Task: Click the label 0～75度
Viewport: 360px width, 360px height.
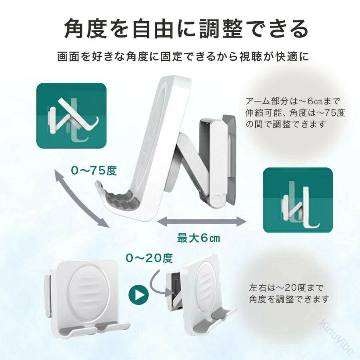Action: pyautogui.click(x=94, y=170)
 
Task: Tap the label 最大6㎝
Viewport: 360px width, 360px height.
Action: pyautogui.click(x=198, y=238)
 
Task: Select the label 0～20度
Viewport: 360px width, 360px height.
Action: pyautogui.click(x=149, y=258)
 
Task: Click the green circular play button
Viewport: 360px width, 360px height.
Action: pyautogui.click(x=138, y=294)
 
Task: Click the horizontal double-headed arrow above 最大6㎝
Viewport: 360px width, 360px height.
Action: pyautogui.click(x=201, y=222)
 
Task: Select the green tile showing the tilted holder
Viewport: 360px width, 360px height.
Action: pyautogui.click(x=72, y=116)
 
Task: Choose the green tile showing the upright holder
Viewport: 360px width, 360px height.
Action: pyautogui.click(x=298, y=200)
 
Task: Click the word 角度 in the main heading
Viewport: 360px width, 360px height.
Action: pyautogui.click(x=86, y=29)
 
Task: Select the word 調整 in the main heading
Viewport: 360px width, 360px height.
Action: pyautogui.click(x=221, y=29)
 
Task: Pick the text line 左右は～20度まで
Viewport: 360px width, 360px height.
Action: pyautogui.click(x=286, y=287)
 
